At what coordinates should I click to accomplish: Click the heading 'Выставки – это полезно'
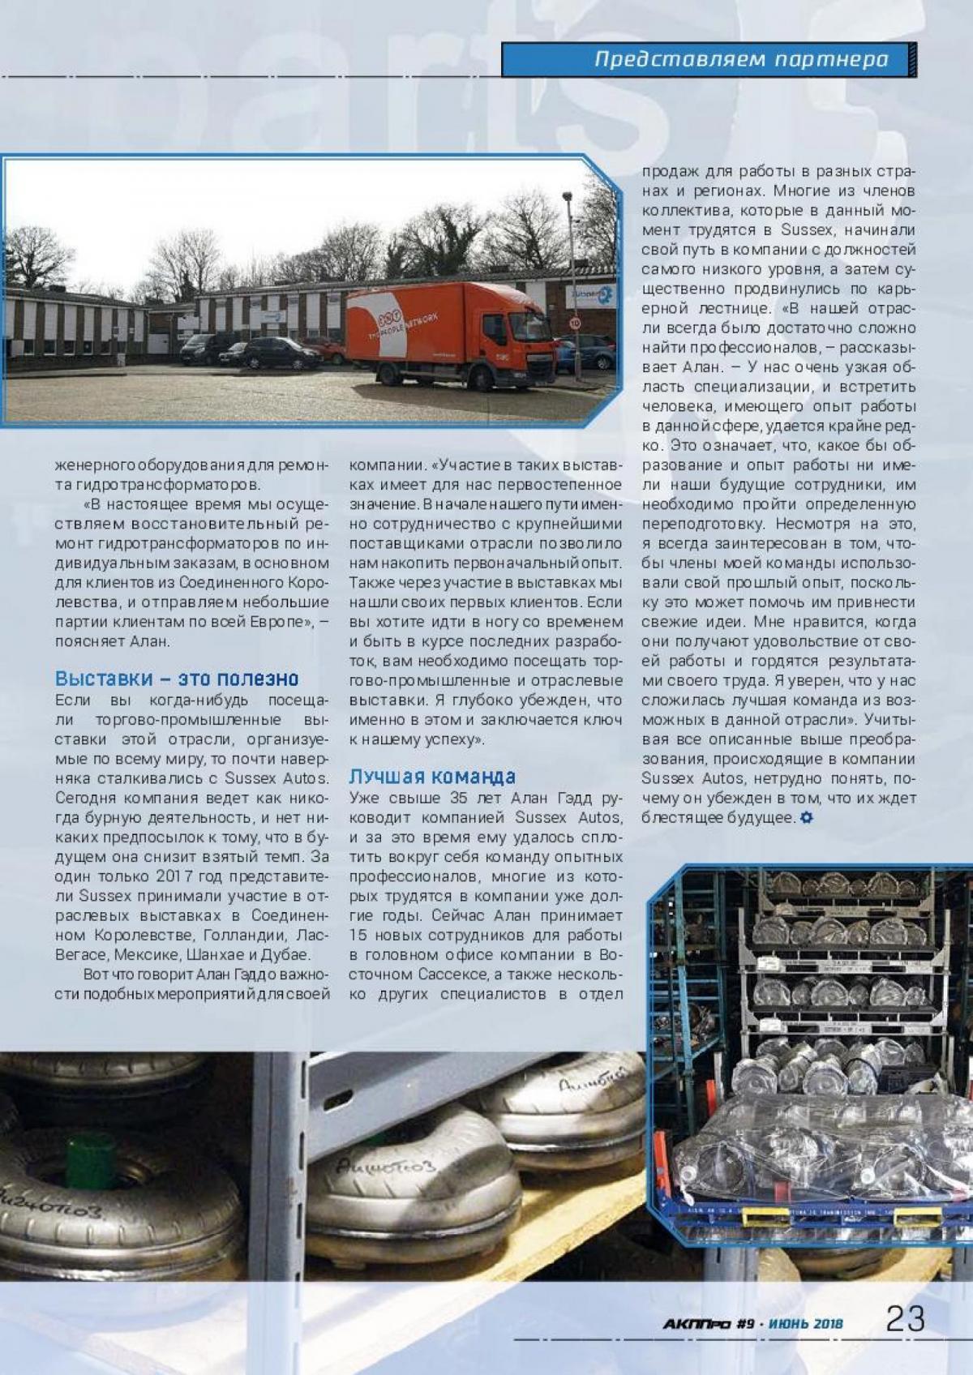click(177, 679)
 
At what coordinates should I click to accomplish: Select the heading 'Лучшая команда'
click(432, 776)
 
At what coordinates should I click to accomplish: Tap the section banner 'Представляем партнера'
click(741, 59)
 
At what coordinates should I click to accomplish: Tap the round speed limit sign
click(575, 322)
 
